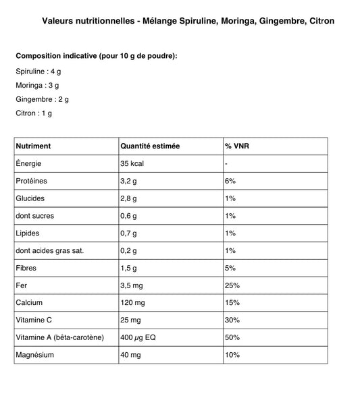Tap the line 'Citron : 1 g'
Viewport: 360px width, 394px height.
(33, 113)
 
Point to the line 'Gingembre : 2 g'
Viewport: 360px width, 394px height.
(42, 99)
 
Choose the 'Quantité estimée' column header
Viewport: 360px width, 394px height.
(150, 146)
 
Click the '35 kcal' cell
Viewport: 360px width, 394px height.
(134, 164)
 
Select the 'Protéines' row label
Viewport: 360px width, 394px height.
(32, 181)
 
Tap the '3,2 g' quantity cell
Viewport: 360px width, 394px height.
(129, 181)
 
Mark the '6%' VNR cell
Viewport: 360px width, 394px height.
(230, 181)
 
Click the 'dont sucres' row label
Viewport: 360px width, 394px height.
(34, 216)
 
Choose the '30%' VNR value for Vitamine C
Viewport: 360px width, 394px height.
(232, 320)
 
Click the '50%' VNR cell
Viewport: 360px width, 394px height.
(232, 337)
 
